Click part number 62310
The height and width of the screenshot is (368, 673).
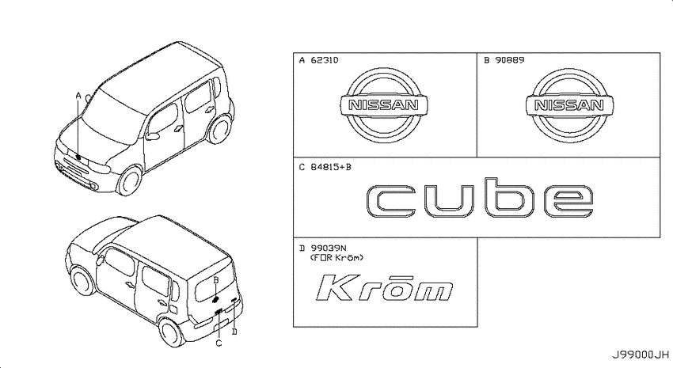click(324, 60)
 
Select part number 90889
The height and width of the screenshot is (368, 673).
click(509, 60)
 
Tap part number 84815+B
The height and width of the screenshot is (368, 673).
click(330, 167)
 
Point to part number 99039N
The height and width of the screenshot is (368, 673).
click(329, 248)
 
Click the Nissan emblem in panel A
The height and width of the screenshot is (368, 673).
click(384, 105)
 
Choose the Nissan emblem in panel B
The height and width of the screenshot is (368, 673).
click(569, 105)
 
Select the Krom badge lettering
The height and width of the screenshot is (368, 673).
click(384, 287)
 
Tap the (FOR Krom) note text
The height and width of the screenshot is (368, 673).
click(336, 258)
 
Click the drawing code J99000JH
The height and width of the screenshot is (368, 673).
click(641, 355)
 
